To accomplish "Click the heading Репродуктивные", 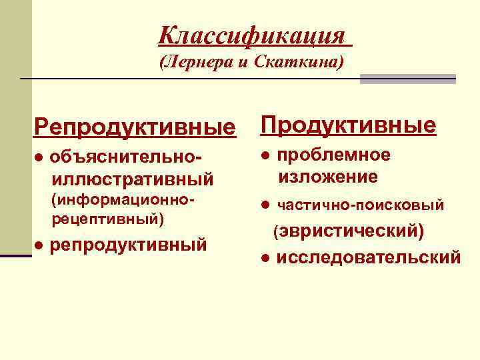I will click(x=136, y=126).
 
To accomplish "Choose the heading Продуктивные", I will click(x=348, y=125).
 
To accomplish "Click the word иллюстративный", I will click(x=132, y=179).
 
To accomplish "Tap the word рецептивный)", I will click(x=107, y=218).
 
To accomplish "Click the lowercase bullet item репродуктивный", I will click(x=129, y=245).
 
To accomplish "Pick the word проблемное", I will click(x=334, y=155).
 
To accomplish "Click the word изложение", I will click(x=328, y=177).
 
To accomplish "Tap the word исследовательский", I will click(x=368, y=257).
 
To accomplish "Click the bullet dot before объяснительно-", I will click(x=39, y=157).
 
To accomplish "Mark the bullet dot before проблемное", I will click(x=265, y=155).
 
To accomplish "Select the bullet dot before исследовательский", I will click(x=265, y=257).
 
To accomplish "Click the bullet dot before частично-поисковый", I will click(x=265, y=205).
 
